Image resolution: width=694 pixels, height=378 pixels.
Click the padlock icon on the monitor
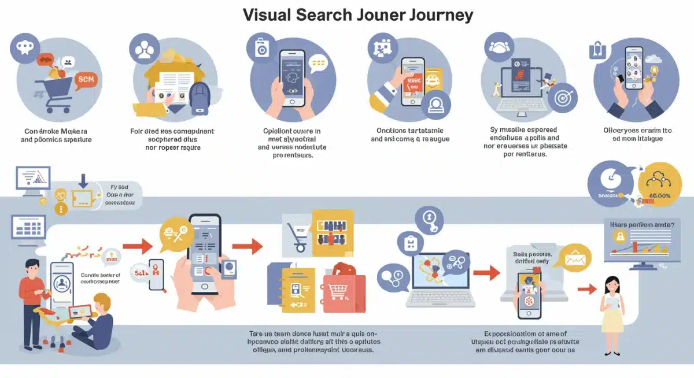point(619,236)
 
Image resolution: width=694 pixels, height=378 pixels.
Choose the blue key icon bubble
point(429,221)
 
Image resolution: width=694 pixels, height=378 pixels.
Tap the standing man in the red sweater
point(28,301)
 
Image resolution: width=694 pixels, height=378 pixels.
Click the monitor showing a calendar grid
point(28,227)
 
